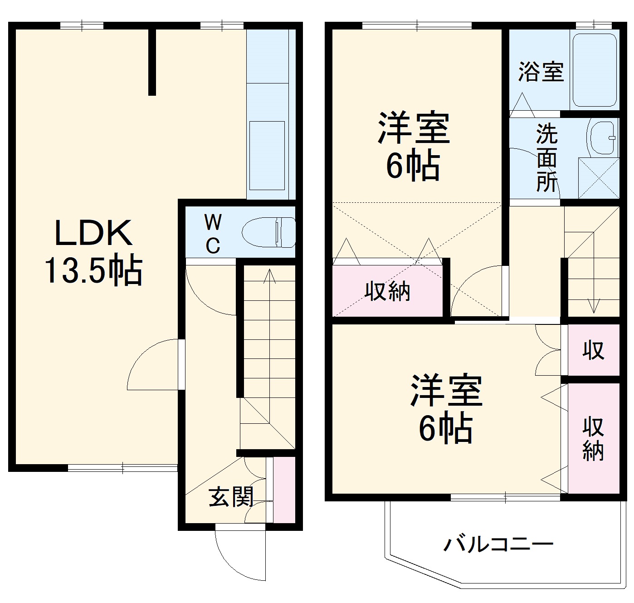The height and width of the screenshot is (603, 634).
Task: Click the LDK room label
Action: coord(94,232)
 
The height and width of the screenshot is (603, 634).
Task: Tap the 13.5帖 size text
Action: coord(93,271)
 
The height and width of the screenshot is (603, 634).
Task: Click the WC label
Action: coord(213,234)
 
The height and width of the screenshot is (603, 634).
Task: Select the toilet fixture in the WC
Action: coord(268,232)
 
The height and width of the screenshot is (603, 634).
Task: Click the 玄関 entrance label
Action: coord(231,498)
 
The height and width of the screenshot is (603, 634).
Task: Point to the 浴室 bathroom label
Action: coord(541,72)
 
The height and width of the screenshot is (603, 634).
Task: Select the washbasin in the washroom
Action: coord(603,137)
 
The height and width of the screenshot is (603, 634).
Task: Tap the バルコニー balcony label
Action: coord(498,544)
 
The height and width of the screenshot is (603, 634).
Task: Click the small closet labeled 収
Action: coord(593,350)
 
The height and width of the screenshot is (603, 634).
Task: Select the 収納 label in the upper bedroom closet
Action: coord(388,291)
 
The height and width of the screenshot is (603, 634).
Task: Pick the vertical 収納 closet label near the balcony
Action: coord(593,439)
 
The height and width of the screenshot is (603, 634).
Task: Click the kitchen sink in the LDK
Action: coord(267,155)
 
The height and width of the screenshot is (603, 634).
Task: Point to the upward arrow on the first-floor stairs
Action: coord(270,277)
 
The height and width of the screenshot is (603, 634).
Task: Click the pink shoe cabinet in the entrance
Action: coord(284,490)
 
